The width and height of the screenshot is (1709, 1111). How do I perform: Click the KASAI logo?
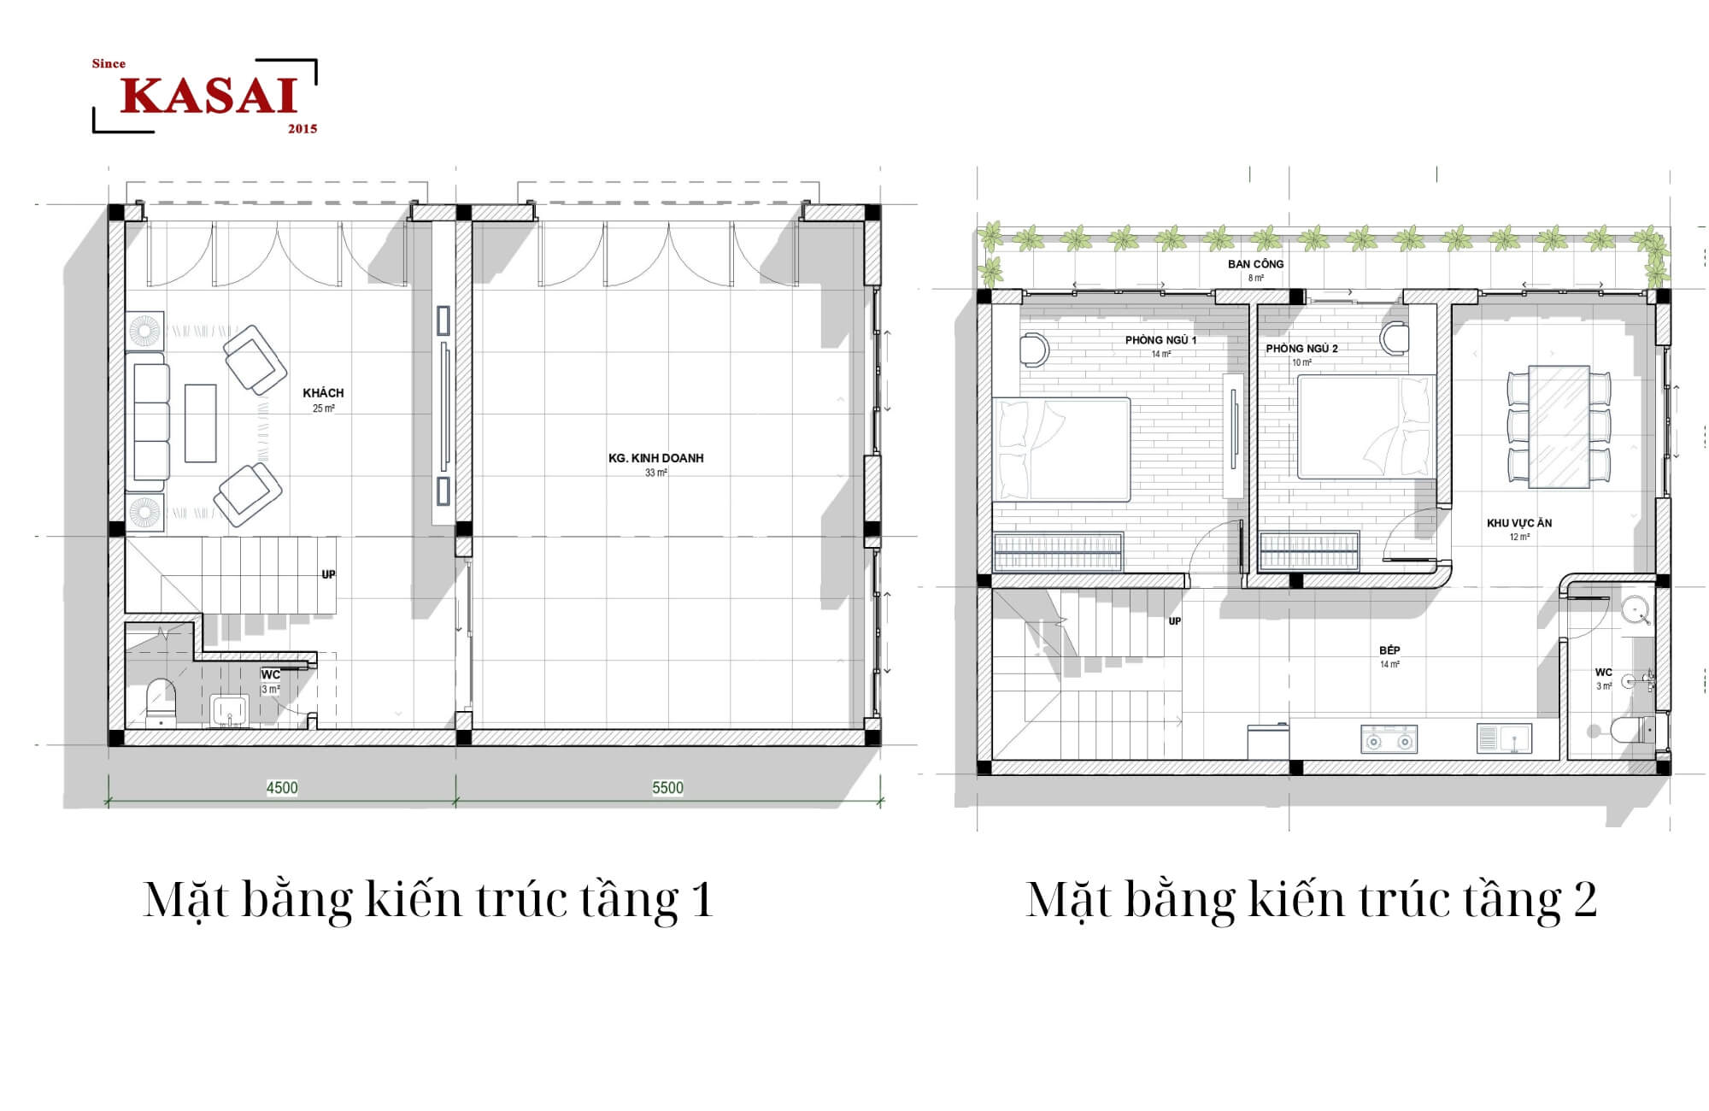coord(205,96)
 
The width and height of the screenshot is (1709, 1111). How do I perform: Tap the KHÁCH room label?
coord(323,393)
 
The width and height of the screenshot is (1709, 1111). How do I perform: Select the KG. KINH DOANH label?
coord(656,458)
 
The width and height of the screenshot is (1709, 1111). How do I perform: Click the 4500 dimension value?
coord(282,788)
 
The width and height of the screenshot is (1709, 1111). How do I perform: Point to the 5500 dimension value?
coord(667,788)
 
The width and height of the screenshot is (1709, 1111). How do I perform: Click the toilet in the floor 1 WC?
coord(161,702)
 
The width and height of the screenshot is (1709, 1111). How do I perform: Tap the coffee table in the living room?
coord(201,423)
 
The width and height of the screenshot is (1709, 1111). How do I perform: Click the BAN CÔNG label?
coord(1255,264)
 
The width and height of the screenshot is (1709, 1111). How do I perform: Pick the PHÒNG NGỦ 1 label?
coord(1160,340)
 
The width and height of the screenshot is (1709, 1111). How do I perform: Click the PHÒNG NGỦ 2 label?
coord(1301,349)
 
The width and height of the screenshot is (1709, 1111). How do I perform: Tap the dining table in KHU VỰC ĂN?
coord(1559,426)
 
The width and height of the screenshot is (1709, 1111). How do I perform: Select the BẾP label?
coord(1389,650)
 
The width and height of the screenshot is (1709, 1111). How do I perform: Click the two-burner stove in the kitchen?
coord(1389,739)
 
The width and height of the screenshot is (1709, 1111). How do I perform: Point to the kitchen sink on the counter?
coord(1504,738)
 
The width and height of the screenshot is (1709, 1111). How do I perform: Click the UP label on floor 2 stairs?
coord(1175,621)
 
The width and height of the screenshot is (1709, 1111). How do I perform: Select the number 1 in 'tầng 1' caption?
coord(702,900)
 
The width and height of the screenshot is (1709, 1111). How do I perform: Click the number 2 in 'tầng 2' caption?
coord(1584,900)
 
